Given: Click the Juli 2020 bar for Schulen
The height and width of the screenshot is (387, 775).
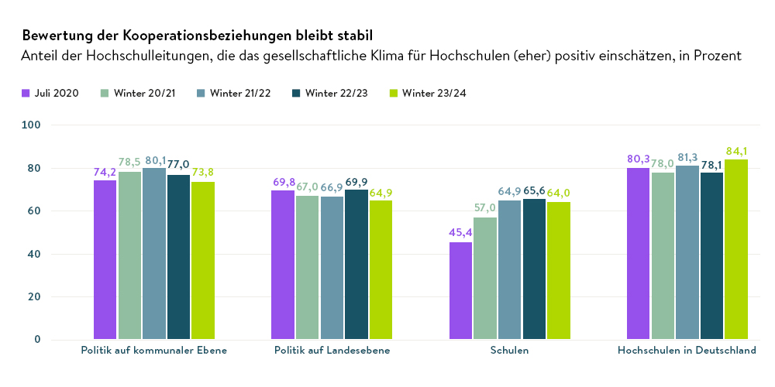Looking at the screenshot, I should point(460,291).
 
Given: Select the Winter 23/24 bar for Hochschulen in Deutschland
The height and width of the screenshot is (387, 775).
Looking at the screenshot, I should point(736,249).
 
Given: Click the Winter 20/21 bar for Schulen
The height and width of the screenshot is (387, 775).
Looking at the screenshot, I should point(485,279).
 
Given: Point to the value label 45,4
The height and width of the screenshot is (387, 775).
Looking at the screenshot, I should point(460,233).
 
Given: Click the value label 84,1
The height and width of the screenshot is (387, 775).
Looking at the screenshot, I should point(736,150).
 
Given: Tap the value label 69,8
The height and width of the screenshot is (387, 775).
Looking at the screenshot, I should point(284,182).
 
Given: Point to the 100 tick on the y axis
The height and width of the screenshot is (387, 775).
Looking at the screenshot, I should point(33,125).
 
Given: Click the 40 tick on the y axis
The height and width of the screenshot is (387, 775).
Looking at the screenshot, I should point(36,254).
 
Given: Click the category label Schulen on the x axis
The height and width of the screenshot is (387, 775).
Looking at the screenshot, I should point(510,351).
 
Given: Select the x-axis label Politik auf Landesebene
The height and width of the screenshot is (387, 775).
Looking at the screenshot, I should point(332,351).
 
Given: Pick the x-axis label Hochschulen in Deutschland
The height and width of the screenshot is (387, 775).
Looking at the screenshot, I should point(687,351).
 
